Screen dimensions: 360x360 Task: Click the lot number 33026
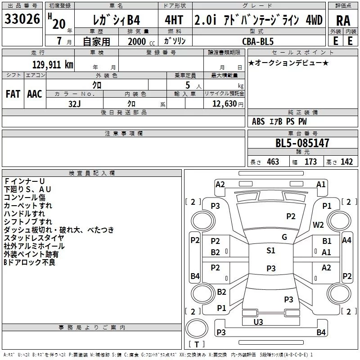click(22, 19)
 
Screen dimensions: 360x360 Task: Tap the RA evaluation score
click(343, 21)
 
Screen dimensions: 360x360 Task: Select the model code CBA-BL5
click(258, 41)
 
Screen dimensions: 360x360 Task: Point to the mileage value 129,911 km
click(53, 65)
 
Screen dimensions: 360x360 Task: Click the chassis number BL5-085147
click(302, 143)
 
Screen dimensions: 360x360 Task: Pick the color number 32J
click(75, 104)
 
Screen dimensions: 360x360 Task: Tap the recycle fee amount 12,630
click(225, 104)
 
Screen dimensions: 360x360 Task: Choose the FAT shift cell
click(13, 94)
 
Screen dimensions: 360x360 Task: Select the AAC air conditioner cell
click(35, 94)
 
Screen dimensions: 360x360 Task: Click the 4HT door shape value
click(174, 20)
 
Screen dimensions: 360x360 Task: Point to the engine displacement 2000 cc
click(141, 42)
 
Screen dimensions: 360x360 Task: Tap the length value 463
click(273, 162)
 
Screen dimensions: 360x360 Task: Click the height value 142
click(346, 162)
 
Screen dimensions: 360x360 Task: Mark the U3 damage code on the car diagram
click(258, 322)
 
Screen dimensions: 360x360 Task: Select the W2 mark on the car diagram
click(318, 225)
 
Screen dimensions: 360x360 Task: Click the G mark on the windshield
click(284, 237)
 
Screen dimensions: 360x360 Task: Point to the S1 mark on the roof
click(271, 251)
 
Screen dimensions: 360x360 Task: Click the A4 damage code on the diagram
click(346, 240)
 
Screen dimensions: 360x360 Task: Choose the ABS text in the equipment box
click(258, 121)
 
